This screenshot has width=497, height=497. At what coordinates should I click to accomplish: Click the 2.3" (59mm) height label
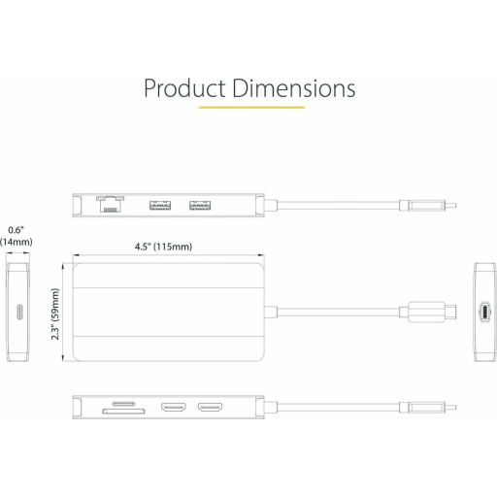tap(55, 309)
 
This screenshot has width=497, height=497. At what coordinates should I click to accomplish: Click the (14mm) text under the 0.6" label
tap(16, 243)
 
